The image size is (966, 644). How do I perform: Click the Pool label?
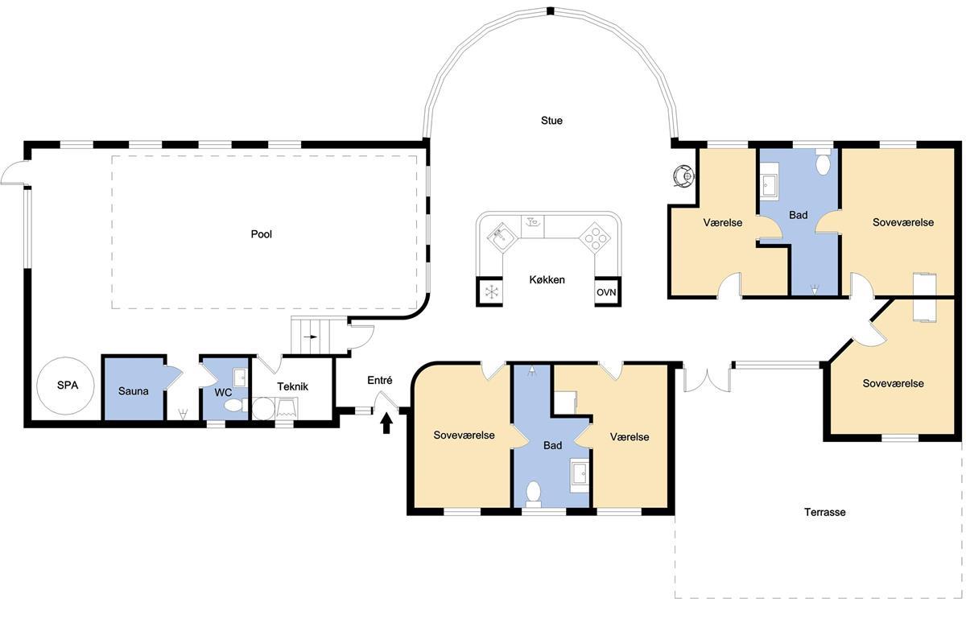pyautogui.click(x=262, y=233)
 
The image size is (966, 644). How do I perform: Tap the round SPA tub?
pyautogui.click(x=65, y=386)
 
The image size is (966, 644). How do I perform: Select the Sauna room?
pyautogui.click(x=134, y=388)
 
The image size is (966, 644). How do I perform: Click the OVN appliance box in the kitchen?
pyautogui.click(x=608, y=291)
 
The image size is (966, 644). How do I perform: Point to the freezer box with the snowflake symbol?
pyautogui.click(x=490, y=291)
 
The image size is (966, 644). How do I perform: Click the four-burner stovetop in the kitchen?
pyautogui.click(x=596, y=237)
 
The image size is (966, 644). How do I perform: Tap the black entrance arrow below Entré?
pyautogui.click(x=386, y=423)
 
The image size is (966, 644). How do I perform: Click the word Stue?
pyautogui.click(x=551, y=120)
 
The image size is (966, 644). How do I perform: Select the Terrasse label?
pyautogui.click(x=824, y=512)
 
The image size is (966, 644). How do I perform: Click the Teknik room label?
pyautogui.click(x=292, y=386)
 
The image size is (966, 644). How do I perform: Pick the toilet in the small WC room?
pyautogui.click(x=235, y=406)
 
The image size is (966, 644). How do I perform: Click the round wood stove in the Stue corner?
pyautogui.click(x=683, y=175)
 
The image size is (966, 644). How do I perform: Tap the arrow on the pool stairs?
pyautogui.click(x=311, y=336)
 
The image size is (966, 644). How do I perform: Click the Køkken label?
pyautogui.click(x=547, y=279)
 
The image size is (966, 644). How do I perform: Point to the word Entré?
pyautogui.click(x=379, y=380)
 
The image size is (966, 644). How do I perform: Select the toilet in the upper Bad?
pyautogui.click(x=824, y=162)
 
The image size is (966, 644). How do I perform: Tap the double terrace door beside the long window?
pyautogui.click(x=708, y=378)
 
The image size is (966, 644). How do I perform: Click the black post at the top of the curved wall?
pyautogui.click(x=550, y=10)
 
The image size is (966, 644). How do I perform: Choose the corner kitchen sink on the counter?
pyautogui.click(x=502, y=237)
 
